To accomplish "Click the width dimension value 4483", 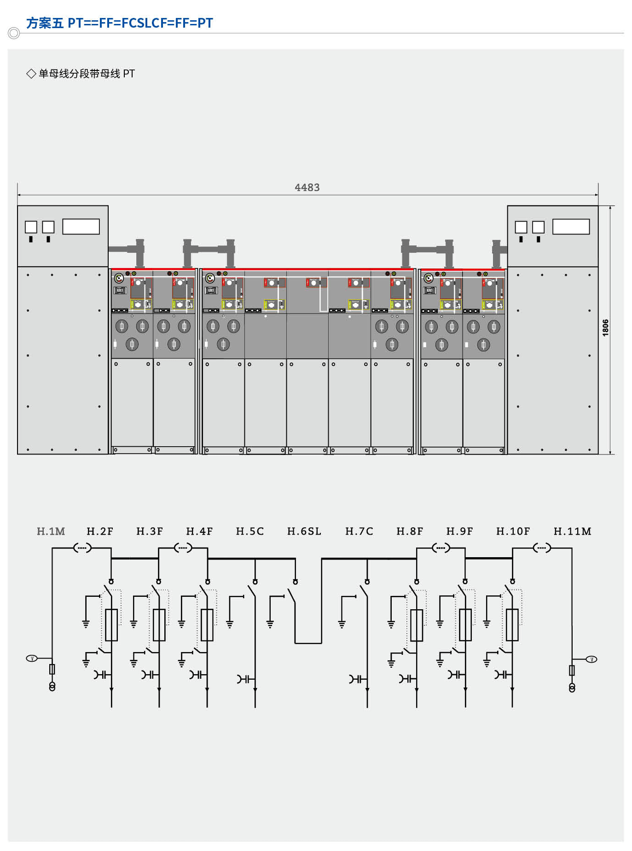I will pyautogui.click(x=307, y=187).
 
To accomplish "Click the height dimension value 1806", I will pyautogui.click(x=605, y=327).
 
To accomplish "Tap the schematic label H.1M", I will pyautogui.click(x=51, y=531).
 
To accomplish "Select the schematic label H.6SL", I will pyautogui.click(x=304, y=531).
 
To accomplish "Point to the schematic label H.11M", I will pyautogui.click(x=572, y=531).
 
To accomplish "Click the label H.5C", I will pyautogui.click(x=250, y=531).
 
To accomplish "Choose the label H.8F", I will pyautogui.click(x=410, y=531).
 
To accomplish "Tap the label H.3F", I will pyautogui.click(x=150, y=531).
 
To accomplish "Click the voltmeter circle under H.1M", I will pyautogui.click(x=32, y=659).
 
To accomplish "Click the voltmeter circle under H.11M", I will pyautogui.click(x=591, y=659).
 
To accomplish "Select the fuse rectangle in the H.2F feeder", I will pyautogui.click(x=111, y=625).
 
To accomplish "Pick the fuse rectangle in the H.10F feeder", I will pyautogui.click(x=512, y=625).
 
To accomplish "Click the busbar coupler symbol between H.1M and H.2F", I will pyautogui.click(x=82, y=548).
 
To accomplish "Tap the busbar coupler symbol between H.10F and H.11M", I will pyautogui.click(x=542, y=548).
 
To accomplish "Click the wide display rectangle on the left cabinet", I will pyautogui.click(x=81, y=227).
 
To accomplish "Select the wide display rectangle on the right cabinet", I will pyautogui.click(x=571, y=227).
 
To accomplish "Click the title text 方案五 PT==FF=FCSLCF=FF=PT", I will pyautogui.click(x=120, y=23).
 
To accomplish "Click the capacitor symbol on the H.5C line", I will pyautogui.click(x=246, y=679).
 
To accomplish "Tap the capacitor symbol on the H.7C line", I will pyautogui.click(x=358, y=679).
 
